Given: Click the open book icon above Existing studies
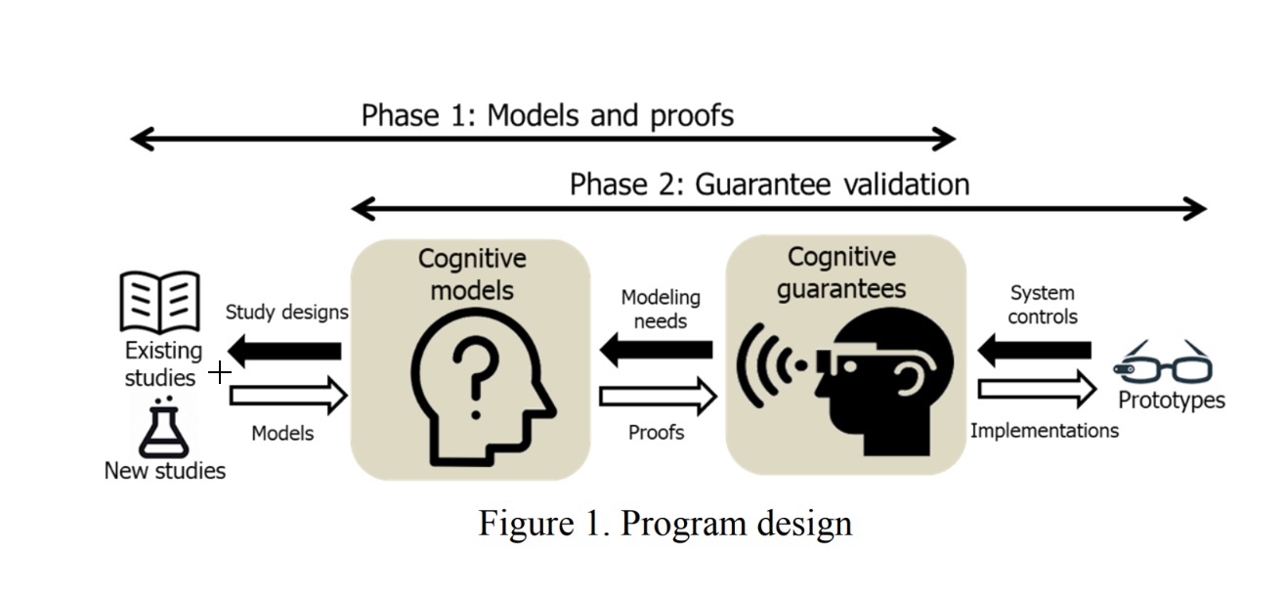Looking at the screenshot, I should tap(159, 302).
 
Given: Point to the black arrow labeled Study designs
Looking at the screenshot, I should tap(284, 350).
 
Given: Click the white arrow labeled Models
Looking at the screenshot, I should tap(288, 395).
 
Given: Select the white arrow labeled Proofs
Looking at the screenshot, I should tap(658, 396).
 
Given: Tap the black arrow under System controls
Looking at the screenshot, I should tap(1035, 349).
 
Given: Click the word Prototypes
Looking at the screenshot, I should tap(1171, 401).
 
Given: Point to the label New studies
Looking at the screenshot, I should tap(164, 471).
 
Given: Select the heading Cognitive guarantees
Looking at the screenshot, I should tap(841, 273).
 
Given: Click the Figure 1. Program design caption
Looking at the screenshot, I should tap(664, 523).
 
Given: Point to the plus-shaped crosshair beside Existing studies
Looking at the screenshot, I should tap(220, 371).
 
